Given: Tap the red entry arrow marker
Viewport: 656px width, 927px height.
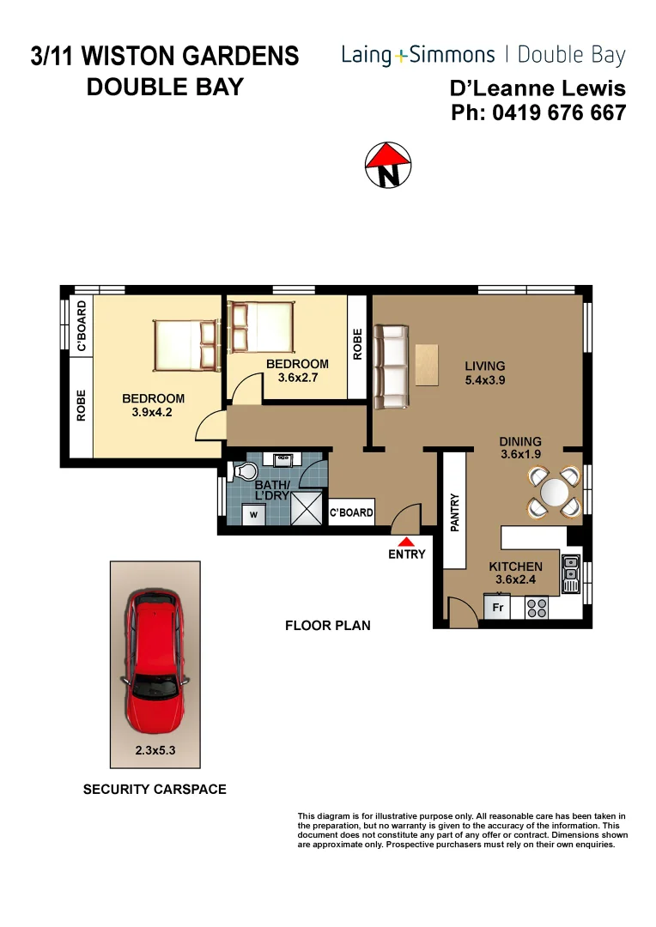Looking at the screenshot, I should coord(406,540).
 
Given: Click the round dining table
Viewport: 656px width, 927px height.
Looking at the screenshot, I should coord(554,492).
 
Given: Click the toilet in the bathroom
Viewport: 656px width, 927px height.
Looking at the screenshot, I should coord(244,472).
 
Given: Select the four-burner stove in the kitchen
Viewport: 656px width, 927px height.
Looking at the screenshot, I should coord(537,608).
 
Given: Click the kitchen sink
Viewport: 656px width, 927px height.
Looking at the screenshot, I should coord(570,573).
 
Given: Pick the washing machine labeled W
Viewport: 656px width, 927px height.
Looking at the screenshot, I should coord(252,514).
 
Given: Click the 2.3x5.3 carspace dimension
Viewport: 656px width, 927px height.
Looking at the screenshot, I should coord(155,749).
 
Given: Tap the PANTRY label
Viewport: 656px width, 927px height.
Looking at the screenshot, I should coord(456,513).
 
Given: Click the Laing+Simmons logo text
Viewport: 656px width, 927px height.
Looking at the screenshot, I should coord(418,56).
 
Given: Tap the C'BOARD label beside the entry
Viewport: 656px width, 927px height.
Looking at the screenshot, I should coord(352,513).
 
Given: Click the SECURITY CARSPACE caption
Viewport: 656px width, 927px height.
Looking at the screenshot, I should coord(155,789).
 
